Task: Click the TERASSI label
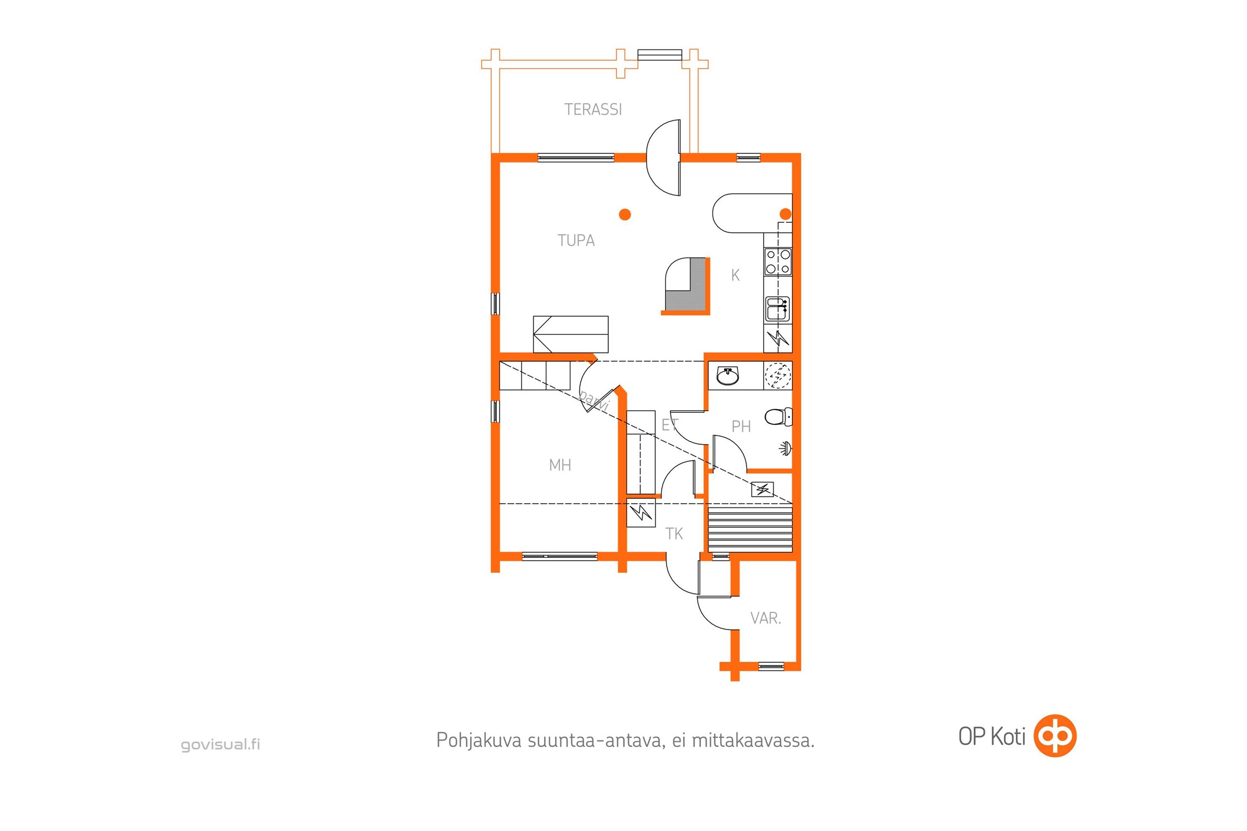point(593,109)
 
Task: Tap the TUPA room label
point(576,240)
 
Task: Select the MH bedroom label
point(560,465)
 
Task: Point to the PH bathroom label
point(741,426)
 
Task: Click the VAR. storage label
point(765,618)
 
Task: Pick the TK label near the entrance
point(674,534)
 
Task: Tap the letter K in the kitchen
point(735,275)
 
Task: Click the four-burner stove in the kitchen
point(778,262)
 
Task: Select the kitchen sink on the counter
point(777,310)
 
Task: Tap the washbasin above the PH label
point(727,376)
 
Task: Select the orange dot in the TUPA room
point(625,215)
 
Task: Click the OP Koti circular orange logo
point(1055,735)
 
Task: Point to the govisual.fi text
point(220,745)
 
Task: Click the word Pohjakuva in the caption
point(479,741)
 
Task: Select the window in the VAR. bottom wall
point(771,666)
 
